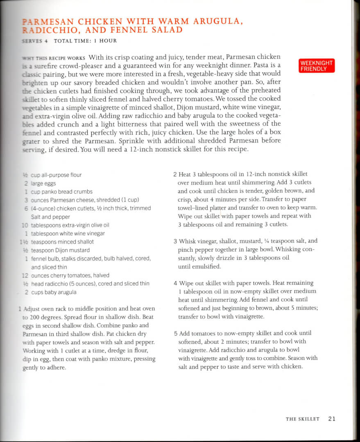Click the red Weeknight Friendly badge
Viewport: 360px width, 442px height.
click(317, 66)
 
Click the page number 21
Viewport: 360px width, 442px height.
click(332, 418)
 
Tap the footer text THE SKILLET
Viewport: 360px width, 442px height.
click(302, 419)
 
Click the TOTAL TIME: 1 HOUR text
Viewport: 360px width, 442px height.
click(85, 41)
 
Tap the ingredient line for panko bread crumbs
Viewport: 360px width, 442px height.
click(61, 192)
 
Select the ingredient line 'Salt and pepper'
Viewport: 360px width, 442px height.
click(50, 217)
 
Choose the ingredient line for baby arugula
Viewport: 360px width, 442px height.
click(53, 292)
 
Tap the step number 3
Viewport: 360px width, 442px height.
click(175, 241)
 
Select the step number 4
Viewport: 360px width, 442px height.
click(175, 283)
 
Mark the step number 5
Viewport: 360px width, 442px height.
click(175, 333)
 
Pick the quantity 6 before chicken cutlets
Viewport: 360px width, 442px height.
click(25, 208)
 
